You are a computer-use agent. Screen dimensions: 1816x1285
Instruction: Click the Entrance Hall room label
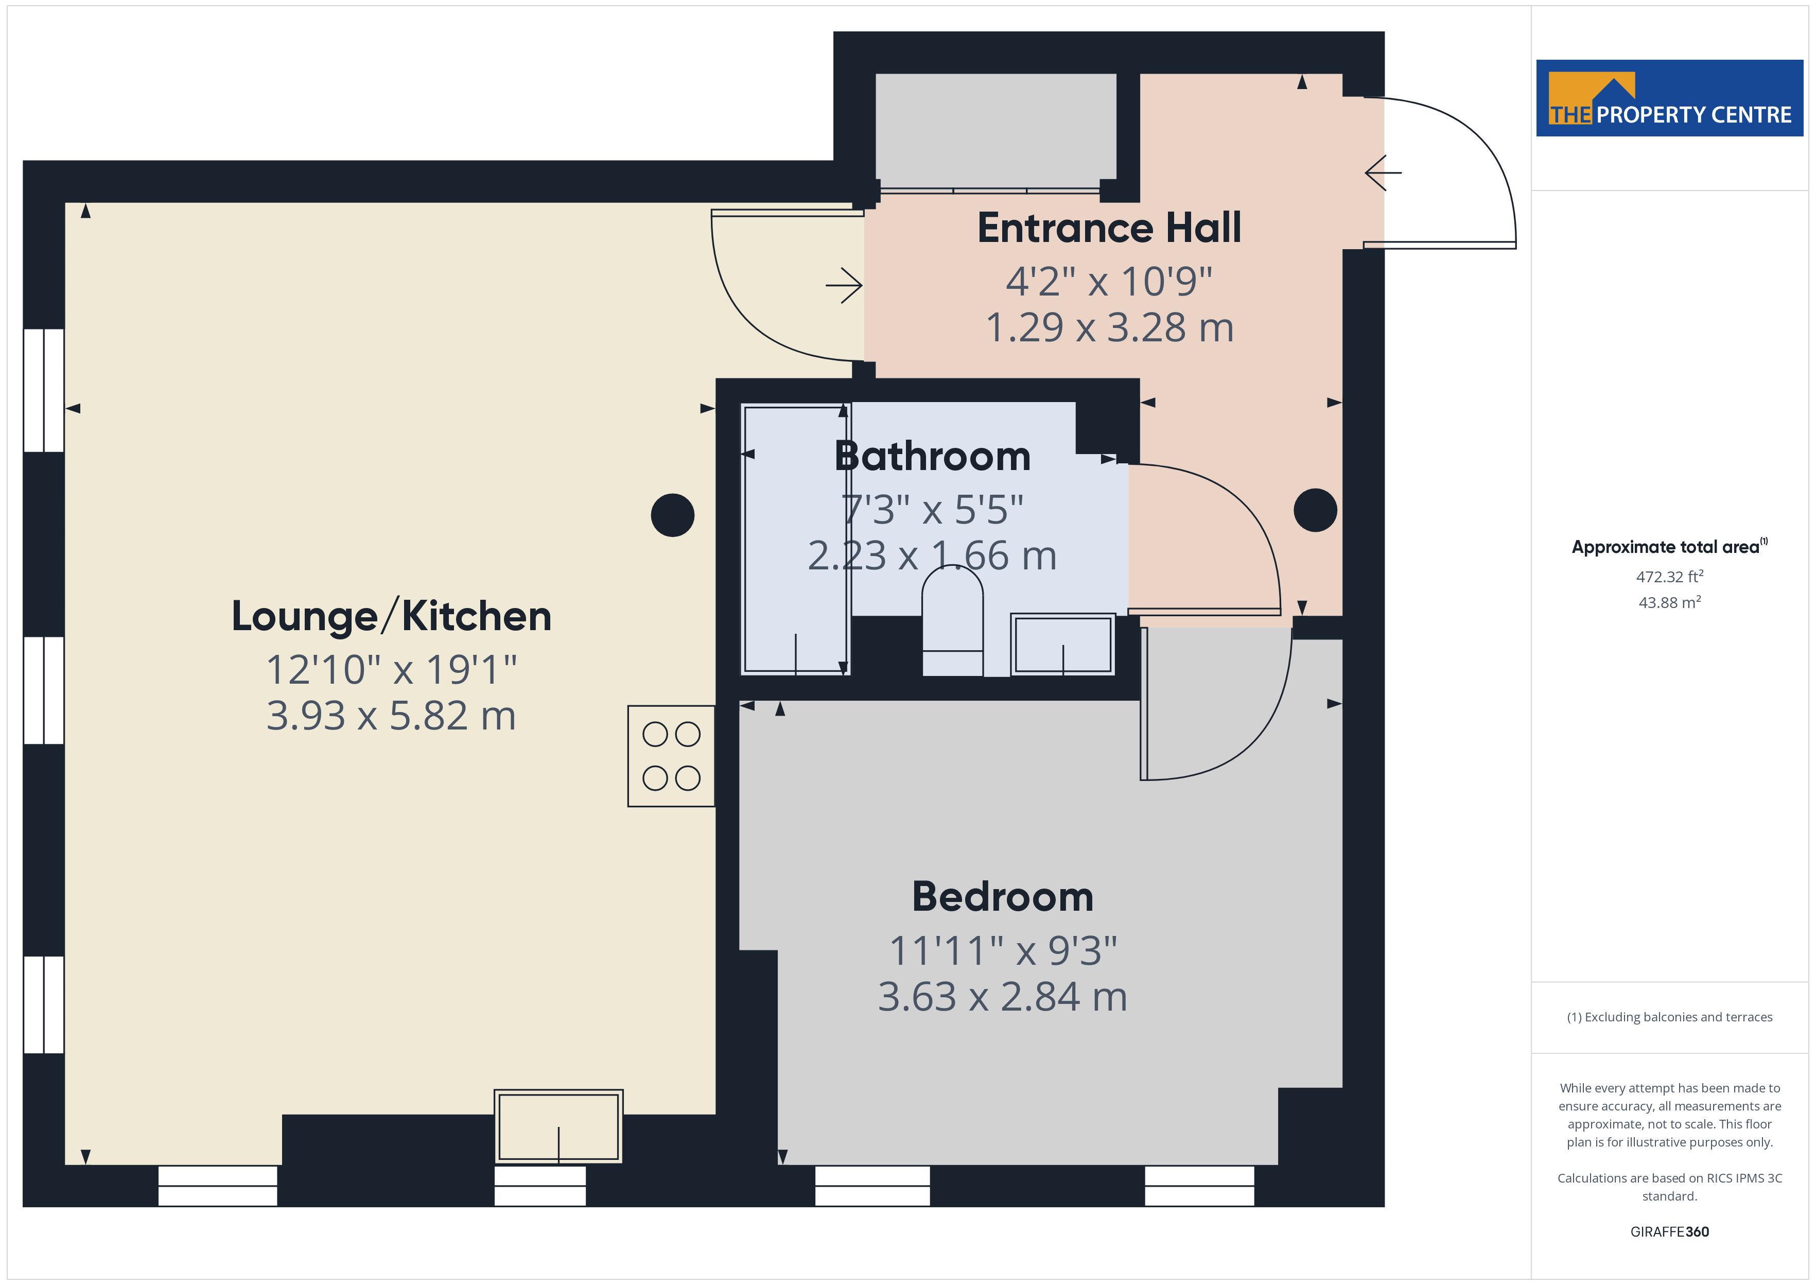click(x=1109, y=228)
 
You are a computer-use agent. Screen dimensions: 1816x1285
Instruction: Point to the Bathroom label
click(x=933, y=457)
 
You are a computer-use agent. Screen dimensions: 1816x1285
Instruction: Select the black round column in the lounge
click(x=672, y=515)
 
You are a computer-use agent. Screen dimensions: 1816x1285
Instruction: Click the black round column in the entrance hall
click(x=1315, y=510)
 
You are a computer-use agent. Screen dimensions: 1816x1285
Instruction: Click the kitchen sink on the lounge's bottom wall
click(x=558, y=1127)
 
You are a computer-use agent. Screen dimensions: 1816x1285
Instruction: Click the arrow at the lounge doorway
click(x=844, y=286)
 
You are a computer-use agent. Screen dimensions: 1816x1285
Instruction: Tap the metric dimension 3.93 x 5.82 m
click(x=392, y=716)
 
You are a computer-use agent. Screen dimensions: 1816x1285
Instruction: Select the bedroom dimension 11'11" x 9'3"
click(x=1003, y=951)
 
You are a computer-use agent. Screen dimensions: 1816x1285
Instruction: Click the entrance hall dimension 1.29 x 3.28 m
click(x=1109, y=327)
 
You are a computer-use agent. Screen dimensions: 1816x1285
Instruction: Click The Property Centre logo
click(x=1670, y=98)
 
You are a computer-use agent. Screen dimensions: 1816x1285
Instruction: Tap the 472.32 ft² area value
click(x=1670, y=577)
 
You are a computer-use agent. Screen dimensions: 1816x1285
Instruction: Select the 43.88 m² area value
click(x=1670, y=602)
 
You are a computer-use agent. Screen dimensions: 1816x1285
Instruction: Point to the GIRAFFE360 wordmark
click(x=1670, y=1232)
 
